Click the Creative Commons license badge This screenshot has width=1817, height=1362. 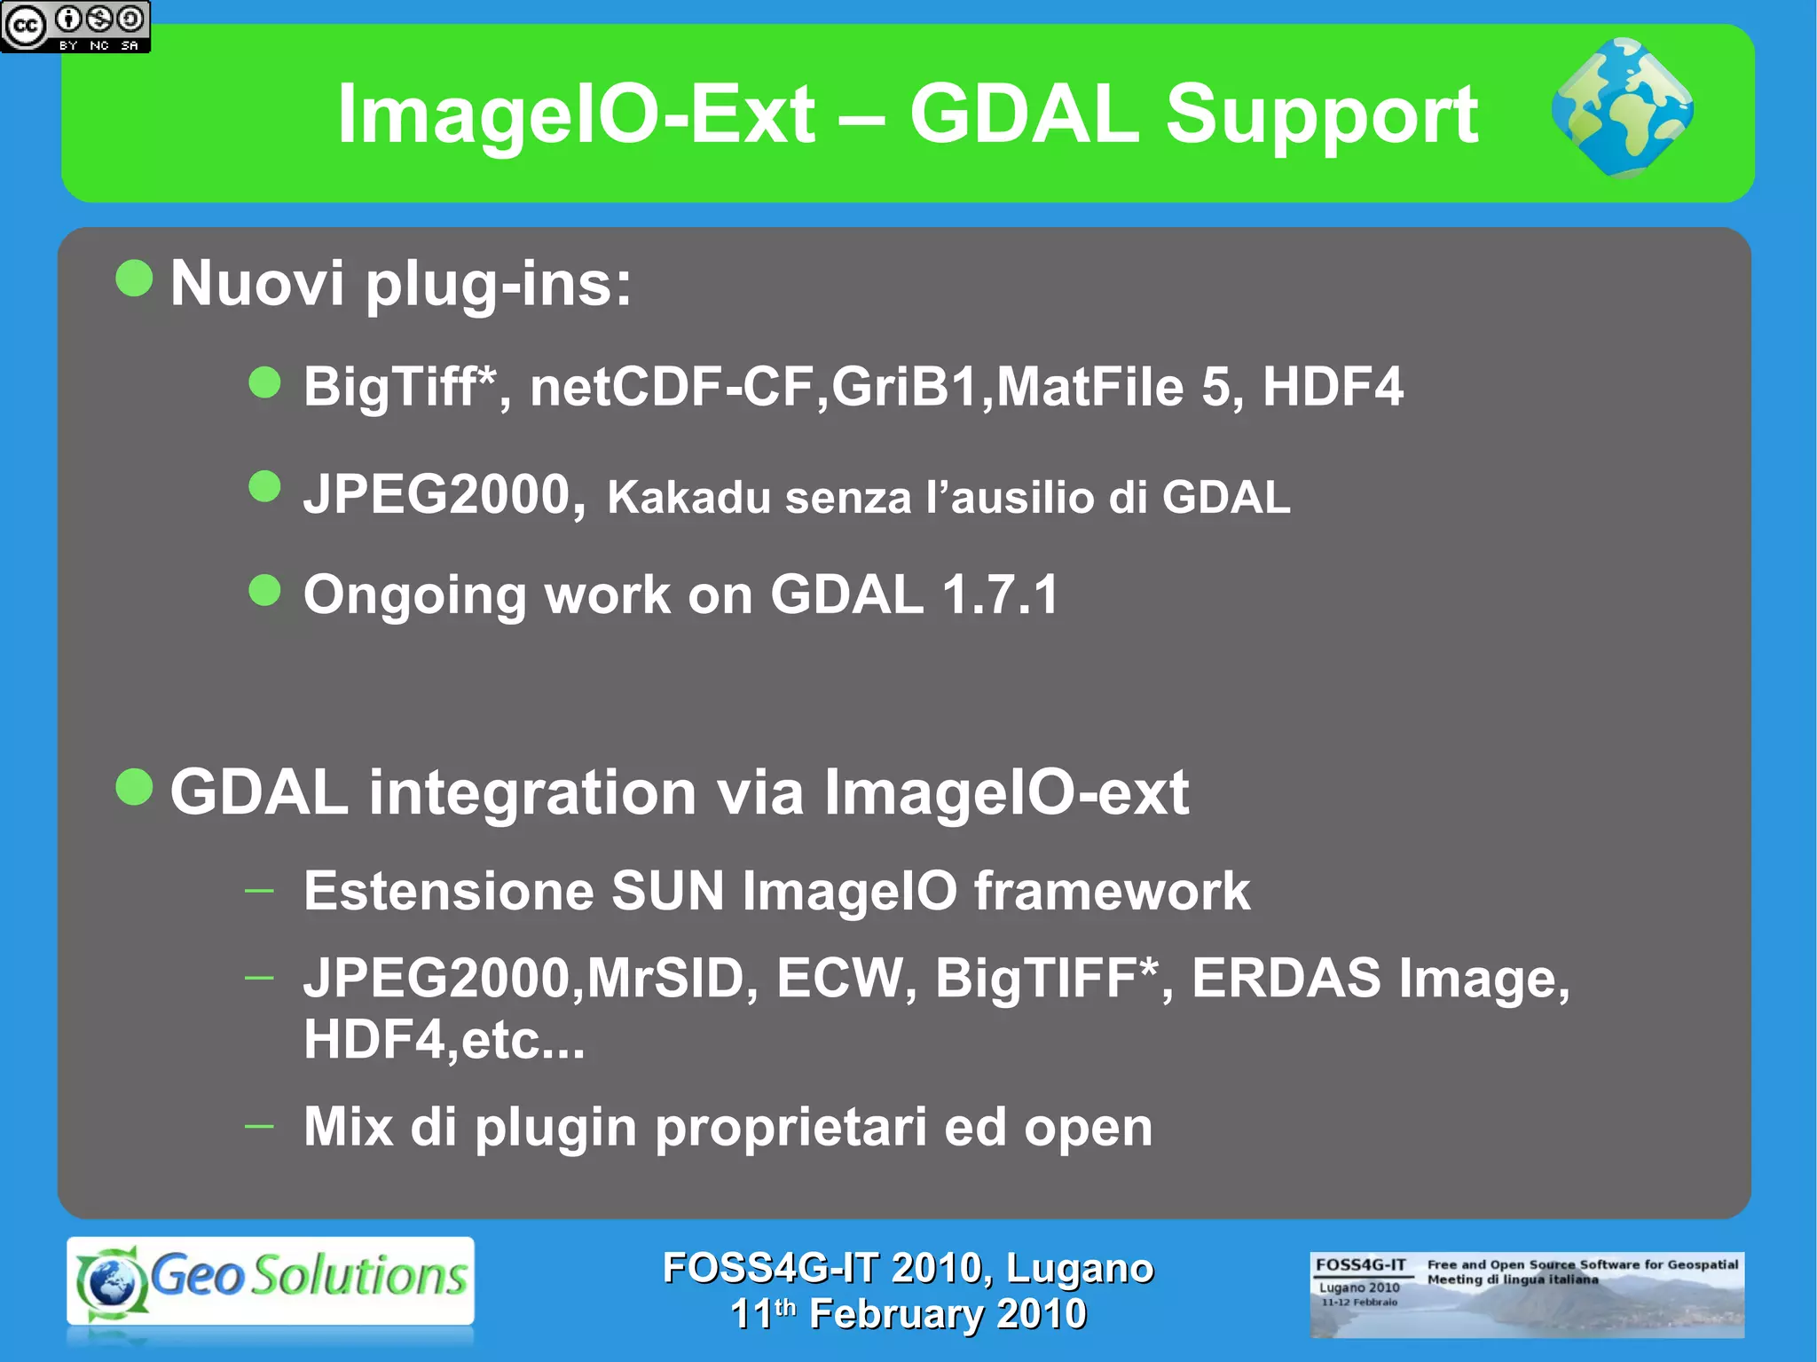coord(75,27)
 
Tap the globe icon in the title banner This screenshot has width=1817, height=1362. coord(1622,108)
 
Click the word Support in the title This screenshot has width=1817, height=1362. coord(1321,116)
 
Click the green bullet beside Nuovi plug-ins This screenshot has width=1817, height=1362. coord(135,279)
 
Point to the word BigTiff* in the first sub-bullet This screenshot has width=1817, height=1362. coord(400,388)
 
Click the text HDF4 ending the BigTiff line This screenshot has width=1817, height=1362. coord(1332,387)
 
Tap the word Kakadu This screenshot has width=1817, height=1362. coord(688,497)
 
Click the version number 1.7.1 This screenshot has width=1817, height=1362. coord(1000,594)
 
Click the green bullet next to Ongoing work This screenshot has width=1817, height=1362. coord(264,590)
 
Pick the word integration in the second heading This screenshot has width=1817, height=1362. coord(532,791)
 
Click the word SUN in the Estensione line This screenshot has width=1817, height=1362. coord(667,891)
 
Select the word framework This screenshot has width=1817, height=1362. coord(1112,891)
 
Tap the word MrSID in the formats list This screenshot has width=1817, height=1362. coord(665,978)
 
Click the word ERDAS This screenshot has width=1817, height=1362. coord(1286,978)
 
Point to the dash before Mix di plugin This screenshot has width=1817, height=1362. coord(259,1126)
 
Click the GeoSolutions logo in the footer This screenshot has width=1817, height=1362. coord(271,1280)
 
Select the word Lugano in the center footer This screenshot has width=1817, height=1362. coord(1079,1268)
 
